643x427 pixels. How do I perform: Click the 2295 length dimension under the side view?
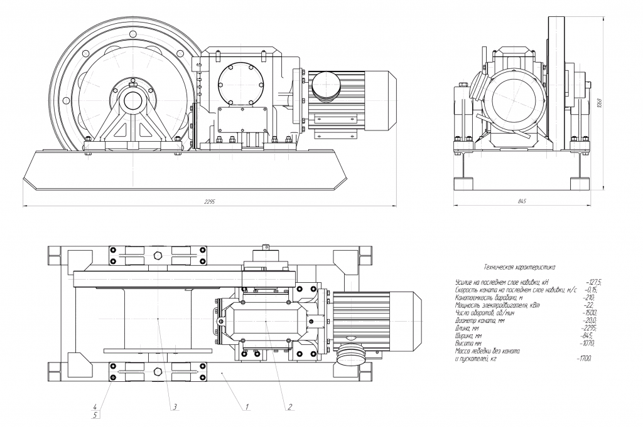pos(210,202)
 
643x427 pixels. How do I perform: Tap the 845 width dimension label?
pos(521,201)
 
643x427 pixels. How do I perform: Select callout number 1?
pos(247,407)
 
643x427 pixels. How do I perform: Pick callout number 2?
pos(289,407)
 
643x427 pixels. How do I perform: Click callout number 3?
pos(175,407)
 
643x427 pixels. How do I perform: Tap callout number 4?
pos(95,406)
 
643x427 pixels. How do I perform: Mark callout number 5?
pos(95,414)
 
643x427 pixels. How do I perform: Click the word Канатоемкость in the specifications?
pos(473,298)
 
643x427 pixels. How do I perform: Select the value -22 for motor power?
pos(588,305)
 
